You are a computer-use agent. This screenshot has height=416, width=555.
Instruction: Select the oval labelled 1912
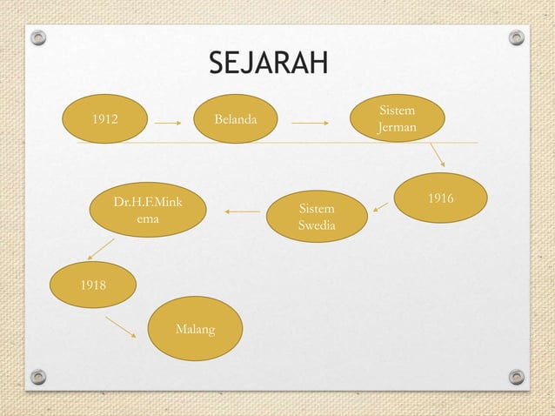coord(105,118)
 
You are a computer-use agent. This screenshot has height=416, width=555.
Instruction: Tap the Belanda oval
coord(236,118)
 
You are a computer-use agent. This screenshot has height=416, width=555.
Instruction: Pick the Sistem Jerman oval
coord(397,119)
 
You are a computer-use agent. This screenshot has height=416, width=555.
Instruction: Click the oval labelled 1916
coord(439,199)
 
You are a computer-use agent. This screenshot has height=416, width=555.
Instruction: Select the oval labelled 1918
coord(92,284)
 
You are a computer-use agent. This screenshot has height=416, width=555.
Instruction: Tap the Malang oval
coord(195,330)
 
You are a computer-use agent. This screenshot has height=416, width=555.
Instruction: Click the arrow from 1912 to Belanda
coord(169,123)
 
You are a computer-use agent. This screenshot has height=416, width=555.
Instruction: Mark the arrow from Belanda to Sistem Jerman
coord(310,123)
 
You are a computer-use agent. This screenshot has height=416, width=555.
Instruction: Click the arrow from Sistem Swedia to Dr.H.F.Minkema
coord(242,211)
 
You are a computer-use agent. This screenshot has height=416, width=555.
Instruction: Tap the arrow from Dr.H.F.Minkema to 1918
coord(101,249)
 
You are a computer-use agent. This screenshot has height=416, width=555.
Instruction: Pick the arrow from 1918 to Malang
coord(121,327)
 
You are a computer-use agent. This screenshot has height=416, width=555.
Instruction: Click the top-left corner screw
coord(37,38)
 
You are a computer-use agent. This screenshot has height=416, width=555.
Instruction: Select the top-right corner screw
coord(517,38)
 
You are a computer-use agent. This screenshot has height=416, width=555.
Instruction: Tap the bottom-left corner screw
coord(37,377)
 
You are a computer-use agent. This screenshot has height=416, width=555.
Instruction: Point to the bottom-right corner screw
coord(517,377)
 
